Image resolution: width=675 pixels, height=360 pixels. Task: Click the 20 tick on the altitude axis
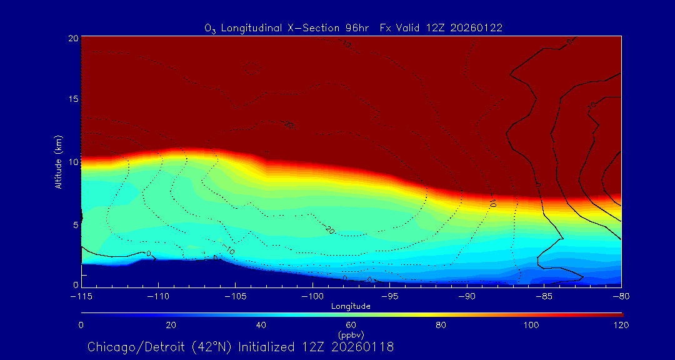72,38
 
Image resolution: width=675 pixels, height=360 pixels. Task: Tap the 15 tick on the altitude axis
72,100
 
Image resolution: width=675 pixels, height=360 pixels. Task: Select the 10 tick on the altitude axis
72,162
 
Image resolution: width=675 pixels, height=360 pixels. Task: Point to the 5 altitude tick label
75,224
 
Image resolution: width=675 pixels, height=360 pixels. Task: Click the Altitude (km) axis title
58,162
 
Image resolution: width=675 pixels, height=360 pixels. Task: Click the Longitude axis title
351,306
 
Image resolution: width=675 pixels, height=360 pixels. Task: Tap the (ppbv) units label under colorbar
351,334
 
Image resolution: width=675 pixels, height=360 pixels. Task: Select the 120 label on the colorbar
621,325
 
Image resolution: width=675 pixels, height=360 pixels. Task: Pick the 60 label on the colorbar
351,325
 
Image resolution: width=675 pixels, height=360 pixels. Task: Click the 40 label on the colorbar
261,325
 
